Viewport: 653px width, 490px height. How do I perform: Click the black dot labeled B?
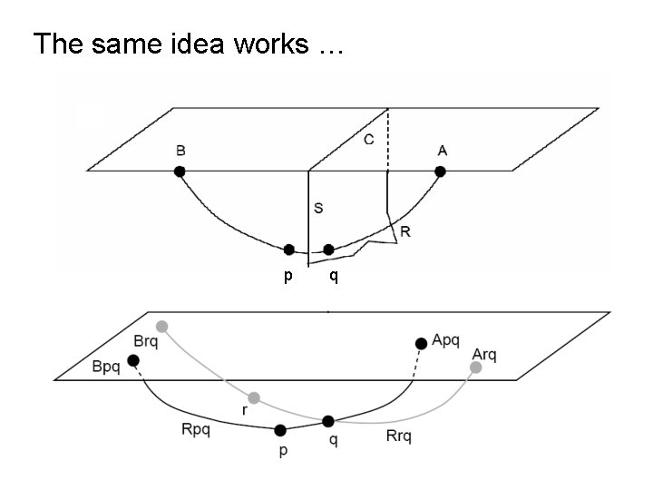[x=180, y=171]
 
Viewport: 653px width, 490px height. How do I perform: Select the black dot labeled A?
[x=440, y=171]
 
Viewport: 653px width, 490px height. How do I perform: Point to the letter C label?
[x=368, y=140]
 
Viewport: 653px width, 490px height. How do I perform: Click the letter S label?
[x=318, y=208]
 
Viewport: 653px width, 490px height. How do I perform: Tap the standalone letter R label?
[x=404, y=231]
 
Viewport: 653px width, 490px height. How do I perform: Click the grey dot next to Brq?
[x=161, y=326]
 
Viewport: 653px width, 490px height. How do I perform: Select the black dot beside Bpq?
[x=133, y=361]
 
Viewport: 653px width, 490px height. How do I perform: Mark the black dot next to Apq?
[x=420, y=343]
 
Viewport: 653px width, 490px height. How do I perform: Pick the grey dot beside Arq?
[x=475, y=367]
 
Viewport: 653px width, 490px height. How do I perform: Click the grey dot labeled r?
[x=254, y=397]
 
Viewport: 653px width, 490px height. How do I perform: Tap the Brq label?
[x=145, y=341]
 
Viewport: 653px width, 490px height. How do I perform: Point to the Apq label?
[x=446, y=339]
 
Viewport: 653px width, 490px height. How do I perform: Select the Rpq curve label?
[x=195, y=429]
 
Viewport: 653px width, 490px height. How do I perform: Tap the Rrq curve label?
[x=398, y=436]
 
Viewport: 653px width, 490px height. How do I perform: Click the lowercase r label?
[x=243, y=410]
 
